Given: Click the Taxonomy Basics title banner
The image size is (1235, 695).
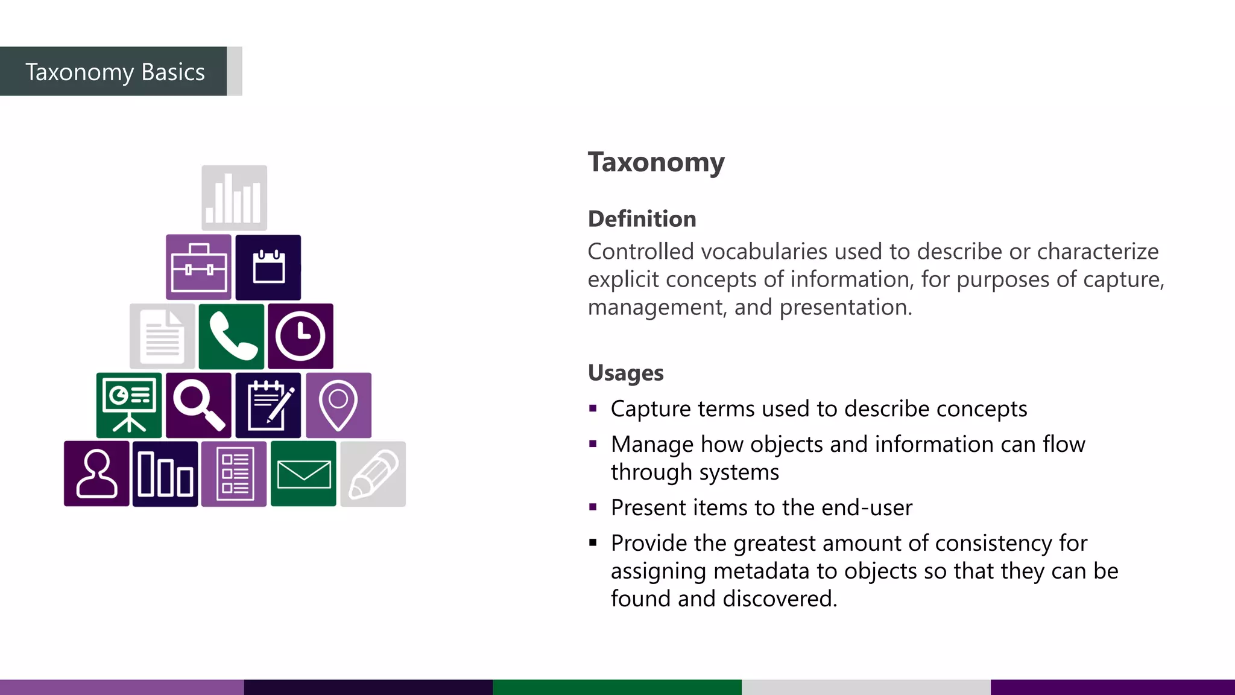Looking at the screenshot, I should pos(115,72).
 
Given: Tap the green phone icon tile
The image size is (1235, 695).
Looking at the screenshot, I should pos(232,337).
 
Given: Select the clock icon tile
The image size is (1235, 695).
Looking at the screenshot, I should pos(300,337).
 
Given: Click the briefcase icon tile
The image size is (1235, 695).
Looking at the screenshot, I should pos(198,267).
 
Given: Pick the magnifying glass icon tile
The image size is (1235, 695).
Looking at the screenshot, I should pos(198,405).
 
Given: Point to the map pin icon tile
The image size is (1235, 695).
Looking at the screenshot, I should pos(338,405).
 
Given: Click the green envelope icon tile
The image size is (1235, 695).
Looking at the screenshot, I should pos(303,474).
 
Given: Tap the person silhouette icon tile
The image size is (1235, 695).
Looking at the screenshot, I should pos(96,474).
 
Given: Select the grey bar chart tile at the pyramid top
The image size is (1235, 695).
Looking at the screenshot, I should pos(234,198).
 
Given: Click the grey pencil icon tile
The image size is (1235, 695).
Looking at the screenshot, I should pos(373,474).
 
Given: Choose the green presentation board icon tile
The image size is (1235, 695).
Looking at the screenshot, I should pos(129,405).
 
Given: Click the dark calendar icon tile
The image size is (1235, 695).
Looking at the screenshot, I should pos(268,267).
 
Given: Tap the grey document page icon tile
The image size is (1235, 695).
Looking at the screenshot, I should pos(162,337).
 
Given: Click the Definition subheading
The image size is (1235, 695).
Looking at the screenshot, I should pos(642,219).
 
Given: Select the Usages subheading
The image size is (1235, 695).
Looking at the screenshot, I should pos(625,373).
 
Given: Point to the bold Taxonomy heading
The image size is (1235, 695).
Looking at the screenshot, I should pos(656,162).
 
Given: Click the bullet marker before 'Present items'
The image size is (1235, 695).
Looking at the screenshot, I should pos(593,507).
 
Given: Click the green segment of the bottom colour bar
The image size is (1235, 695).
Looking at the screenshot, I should pos(617,687).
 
